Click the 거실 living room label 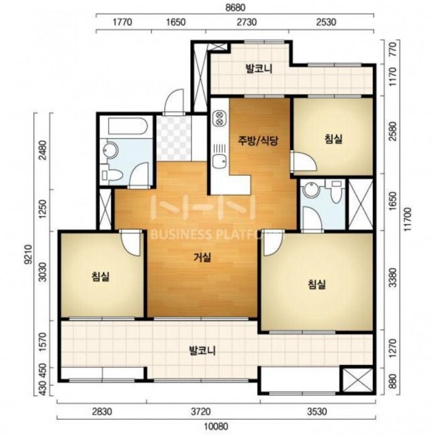pos(202,258)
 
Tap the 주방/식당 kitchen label pos(258,141)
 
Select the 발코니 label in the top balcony pos(259,68)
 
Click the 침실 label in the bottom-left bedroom pos(100,277)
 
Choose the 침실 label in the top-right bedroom pos(333,139)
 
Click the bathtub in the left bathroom pos(127,127)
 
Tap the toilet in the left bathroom pos(111,174)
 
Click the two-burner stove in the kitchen pos(220,118)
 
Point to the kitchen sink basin pos(220,161)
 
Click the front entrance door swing pos(174,102)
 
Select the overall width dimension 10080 pos(216,426)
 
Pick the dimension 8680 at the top pos(235,8)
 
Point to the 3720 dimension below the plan pos(201,412)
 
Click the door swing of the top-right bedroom pos(304,161)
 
